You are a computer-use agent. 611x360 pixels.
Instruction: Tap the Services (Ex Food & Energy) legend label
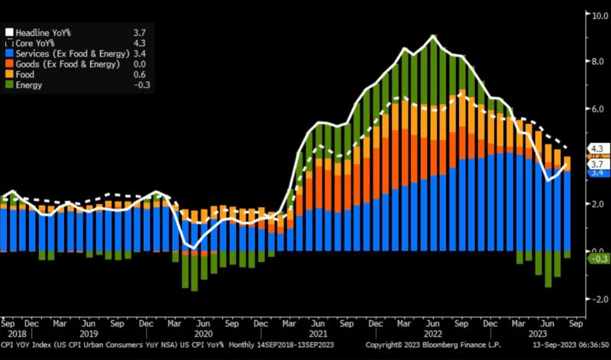coord(66,54)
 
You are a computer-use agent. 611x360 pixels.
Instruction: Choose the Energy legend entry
coord(29,86)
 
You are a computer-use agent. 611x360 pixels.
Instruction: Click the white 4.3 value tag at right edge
coord(596,148)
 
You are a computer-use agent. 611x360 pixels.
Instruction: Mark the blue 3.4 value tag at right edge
coord(596,172)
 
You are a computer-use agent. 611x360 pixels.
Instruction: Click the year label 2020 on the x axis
coord(202,334)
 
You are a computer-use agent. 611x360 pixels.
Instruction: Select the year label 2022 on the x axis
coord(432,334)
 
